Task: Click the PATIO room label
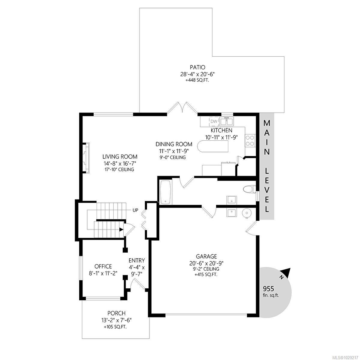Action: coord(197,67)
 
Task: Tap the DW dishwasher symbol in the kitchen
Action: coord(214,121)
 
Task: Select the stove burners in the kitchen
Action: coord(250,140)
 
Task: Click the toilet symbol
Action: coord(249,190)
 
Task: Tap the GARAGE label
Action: coord(206,256)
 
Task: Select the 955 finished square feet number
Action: coord(268,289)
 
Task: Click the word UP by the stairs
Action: coord(135,210)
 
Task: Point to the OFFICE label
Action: coord(103,266)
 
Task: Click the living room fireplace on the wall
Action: coord(86,158)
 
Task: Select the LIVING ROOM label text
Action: coord(120,157)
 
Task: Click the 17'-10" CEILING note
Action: coord(120,169)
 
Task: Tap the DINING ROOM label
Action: coord(174,144)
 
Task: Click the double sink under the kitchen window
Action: coord(227,121)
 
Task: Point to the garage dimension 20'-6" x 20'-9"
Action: coord(206,263)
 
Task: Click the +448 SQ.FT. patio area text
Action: coord(197,80)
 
